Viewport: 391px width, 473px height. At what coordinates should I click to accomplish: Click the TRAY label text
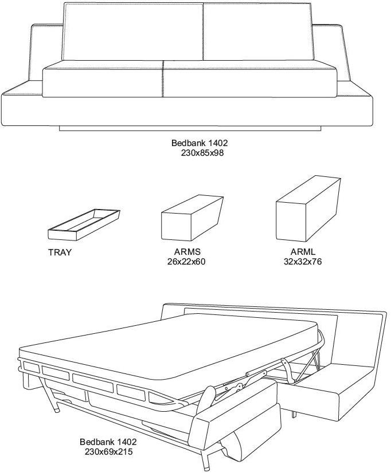click(x=60, y=253)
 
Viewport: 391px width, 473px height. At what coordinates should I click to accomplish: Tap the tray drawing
click(x=84, y=224)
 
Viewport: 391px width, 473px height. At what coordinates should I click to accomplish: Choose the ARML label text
click(x=303, y=252)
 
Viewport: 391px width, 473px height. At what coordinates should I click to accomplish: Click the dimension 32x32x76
click(x=303, y=262)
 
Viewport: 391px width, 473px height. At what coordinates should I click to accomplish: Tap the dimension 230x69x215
click(x=108, y=452)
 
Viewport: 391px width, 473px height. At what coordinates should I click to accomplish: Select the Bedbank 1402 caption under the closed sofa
click(x=195, y=143)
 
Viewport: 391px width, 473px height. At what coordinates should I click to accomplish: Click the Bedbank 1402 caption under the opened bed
click(x=108, y=442)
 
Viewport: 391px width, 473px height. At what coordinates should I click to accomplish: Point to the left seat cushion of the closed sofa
click(x=103, y=81)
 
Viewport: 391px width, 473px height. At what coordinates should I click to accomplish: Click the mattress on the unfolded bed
click(x=172, y=349)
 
